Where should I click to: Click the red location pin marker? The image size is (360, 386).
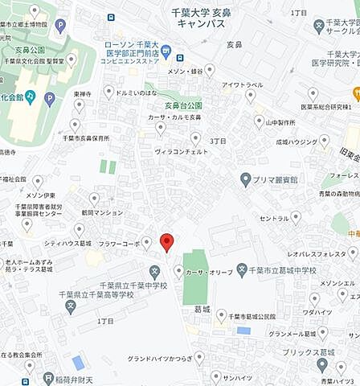tap(166, 241)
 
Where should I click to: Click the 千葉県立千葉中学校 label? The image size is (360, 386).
tap(133, 285)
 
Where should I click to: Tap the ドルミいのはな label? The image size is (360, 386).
tap(140, 93)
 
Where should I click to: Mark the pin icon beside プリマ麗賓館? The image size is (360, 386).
tap(246, 179)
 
